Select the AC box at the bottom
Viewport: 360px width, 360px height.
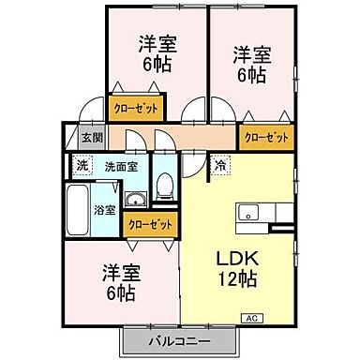coord(252,318)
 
